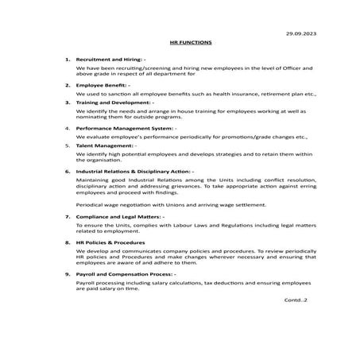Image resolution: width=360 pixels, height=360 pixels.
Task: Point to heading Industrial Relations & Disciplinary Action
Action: pos(133,170)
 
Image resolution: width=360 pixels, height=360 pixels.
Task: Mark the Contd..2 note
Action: pos(295,300)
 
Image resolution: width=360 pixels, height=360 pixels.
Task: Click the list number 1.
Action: pos(67,60)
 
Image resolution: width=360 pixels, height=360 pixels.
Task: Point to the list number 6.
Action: pos(67,170)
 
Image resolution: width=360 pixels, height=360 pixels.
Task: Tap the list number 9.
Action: pos(67,273)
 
